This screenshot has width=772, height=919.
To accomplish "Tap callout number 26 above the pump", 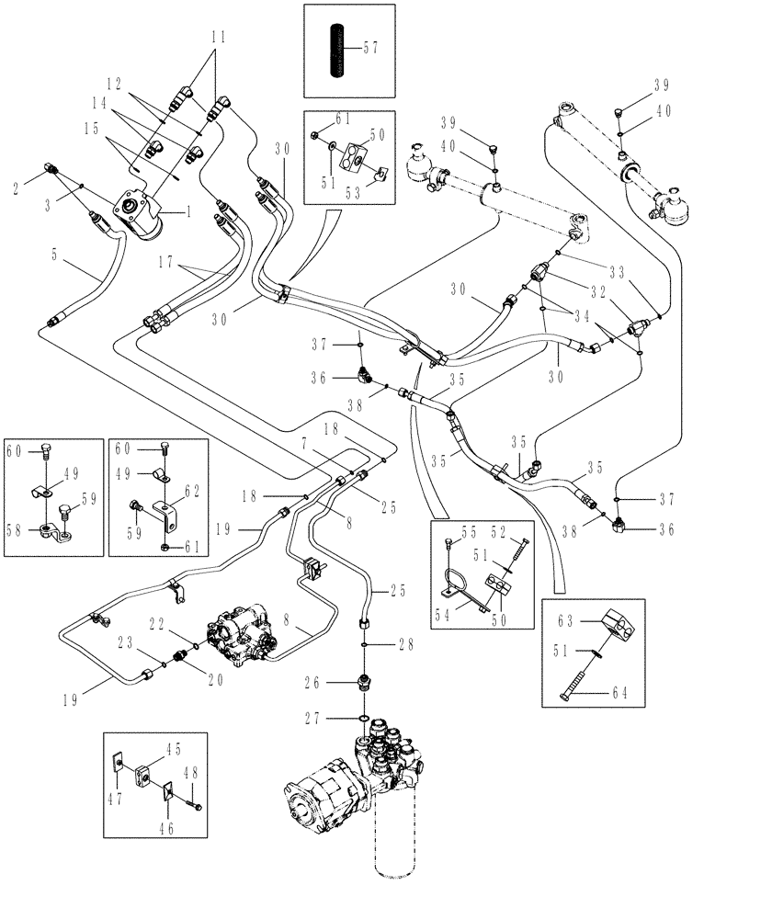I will [312, 683].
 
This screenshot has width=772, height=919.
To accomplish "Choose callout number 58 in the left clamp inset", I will [13, 531].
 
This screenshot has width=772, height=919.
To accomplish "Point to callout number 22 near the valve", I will [157, 624].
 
